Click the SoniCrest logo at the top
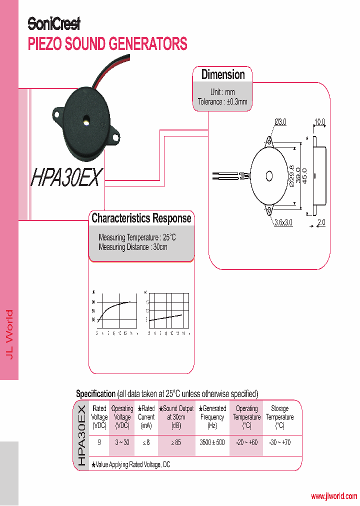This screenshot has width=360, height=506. coord(54,23)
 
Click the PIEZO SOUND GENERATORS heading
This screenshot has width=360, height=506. coord(107,43)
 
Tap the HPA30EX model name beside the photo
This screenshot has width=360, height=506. coord(67,177)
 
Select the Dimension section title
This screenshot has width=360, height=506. coord(223,74)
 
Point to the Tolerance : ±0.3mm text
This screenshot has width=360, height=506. coord(222,101)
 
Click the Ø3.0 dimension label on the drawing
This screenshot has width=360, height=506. coord(280,122)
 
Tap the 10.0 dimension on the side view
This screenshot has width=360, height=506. coord(319,122)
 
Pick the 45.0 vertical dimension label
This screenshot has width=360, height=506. coord(306,176)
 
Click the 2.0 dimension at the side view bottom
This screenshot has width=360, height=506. coord(320,222)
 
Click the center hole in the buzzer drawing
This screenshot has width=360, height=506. coord(269,176)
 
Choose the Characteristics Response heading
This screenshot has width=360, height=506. coord(141,218)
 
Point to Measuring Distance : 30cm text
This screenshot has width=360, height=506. coord(133,247)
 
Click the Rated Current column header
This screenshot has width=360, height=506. coord(146,417)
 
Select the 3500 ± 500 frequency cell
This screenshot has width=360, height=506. coord(212,442)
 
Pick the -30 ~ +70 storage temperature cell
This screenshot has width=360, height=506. coord(279,442)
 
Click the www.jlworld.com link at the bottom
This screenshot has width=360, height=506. coord(334,496)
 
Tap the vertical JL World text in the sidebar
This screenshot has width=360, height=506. coord(9,333)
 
